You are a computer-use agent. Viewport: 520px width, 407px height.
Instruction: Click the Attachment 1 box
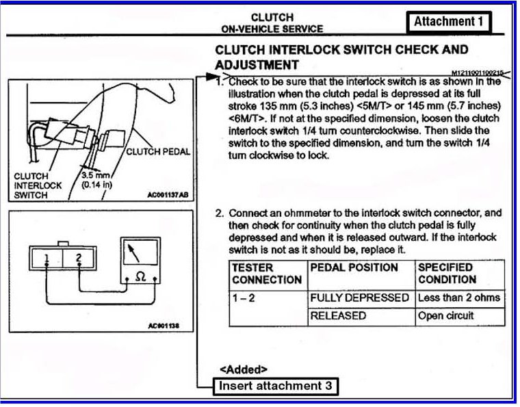(448, 21)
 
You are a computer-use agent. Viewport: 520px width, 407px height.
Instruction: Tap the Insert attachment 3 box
(276, 386)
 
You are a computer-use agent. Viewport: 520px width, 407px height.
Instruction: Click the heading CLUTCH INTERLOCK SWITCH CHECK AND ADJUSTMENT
(341, 57)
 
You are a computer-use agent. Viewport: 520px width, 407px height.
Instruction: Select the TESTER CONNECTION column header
(266, 274)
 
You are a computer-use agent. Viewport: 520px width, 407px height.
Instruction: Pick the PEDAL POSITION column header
(353, 267)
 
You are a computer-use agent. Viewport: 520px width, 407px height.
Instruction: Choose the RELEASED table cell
(338, 316)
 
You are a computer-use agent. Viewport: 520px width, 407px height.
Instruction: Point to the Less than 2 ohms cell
(458, 298)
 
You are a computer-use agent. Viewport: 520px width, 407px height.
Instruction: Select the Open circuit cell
(445, 316)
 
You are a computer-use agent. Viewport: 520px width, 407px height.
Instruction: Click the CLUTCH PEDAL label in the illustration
(158, 151)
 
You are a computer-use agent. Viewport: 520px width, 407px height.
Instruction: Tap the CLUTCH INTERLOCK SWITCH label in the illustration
(38, 185)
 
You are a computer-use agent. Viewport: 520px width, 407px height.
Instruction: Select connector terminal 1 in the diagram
(45, 258)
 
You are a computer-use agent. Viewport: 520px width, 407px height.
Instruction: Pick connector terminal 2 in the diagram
(79, 258)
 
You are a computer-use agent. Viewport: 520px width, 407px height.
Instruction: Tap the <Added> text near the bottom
(244, 369)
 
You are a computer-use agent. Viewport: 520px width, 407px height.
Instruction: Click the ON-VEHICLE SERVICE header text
(272, 29)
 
